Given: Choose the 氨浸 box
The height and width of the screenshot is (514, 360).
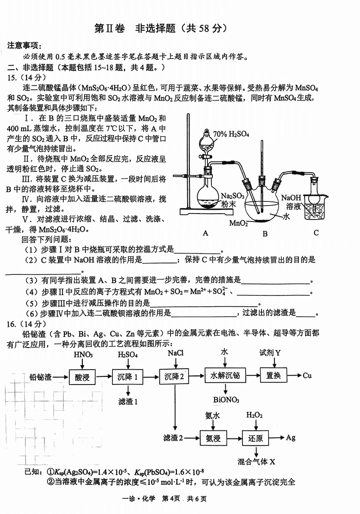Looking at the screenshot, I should [213, 438].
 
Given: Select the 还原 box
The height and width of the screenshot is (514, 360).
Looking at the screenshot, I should [256, 438].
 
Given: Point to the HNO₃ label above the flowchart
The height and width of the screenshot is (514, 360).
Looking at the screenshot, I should [83, 355].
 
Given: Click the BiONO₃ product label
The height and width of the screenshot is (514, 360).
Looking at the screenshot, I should [226, 400].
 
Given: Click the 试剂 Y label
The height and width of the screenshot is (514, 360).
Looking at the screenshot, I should [270, 353].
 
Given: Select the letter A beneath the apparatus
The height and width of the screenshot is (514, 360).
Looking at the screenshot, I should [205, 233].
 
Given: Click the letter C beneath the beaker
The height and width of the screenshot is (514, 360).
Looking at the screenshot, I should [316, 232].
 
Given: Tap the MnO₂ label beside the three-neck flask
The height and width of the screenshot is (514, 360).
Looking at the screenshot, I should [238, 223].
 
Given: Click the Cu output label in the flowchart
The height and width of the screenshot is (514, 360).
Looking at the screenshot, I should [307, 375].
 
